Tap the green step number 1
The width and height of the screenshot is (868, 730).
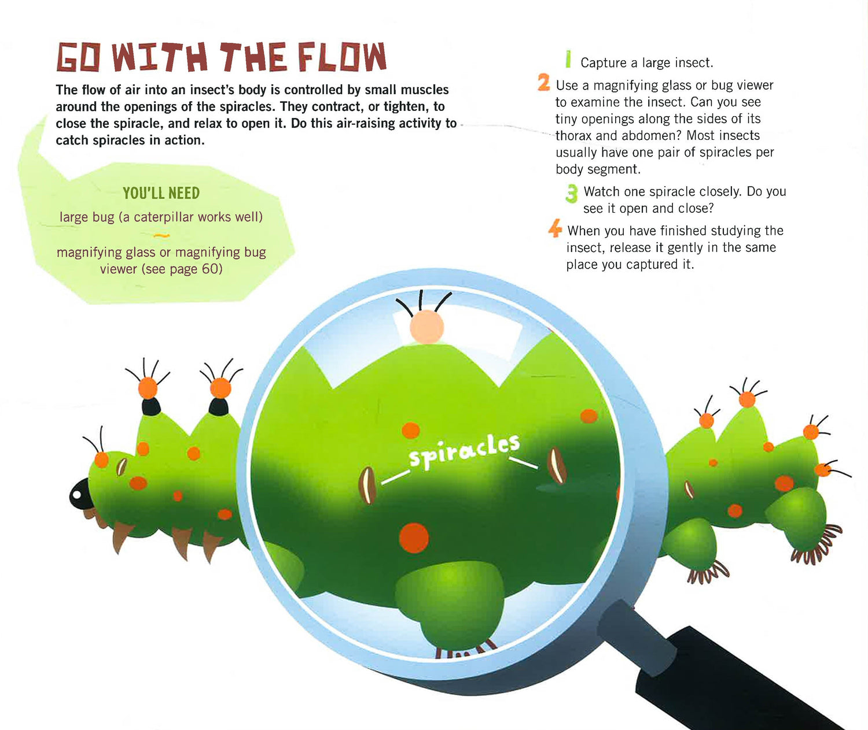coord(568,59)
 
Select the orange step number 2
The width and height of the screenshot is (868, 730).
coord(544,82)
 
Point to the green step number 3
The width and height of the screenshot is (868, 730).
coord(572,194)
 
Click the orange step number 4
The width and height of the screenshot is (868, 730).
coord(555,228)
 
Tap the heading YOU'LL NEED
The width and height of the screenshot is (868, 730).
coord(161,193)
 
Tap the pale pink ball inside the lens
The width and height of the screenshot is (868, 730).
coord(427,327)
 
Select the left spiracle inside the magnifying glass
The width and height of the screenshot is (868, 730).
coord(367,485)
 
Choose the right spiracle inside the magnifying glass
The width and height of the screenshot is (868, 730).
coord(557,465)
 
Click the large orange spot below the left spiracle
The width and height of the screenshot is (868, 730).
coord(414,538)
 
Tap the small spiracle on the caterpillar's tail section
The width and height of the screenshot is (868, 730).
coord(689,490)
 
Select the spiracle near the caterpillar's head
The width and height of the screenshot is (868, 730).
coord(121,467)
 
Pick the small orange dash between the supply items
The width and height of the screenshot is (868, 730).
coord(161,236)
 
